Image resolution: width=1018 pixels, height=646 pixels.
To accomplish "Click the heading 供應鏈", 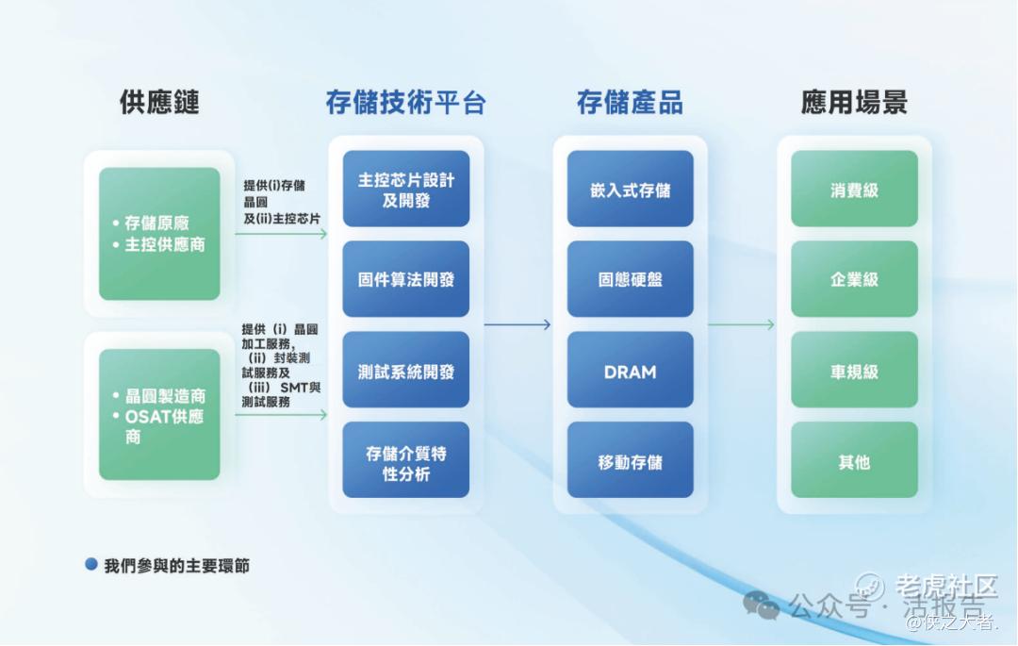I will (159, 103).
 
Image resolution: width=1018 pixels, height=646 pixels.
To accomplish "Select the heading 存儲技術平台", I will (405, 103).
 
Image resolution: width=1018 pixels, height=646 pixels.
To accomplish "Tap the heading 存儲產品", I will (630, 103).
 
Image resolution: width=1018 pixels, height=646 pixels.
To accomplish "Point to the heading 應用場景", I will (854, 103).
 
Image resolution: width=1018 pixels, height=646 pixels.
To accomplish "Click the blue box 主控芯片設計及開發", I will (406, 189).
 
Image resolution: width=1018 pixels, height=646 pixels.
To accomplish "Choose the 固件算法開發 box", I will (406, 279).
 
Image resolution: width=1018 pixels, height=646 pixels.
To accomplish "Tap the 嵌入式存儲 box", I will (631, 189).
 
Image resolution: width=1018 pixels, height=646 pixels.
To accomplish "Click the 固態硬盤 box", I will (631, 279).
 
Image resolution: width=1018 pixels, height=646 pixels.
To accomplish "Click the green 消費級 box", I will (854, 189).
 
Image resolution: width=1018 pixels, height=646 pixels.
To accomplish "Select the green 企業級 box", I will (854, 279).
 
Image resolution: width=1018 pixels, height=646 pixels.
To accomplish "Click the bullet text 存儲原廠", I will (156, 224).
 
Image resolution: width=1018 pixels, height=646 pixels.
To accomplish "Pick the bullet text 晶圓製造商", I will (165, 396).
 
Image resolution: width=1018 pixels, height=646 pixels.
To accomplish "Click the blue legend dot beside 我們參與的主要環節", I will (91, 565).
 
